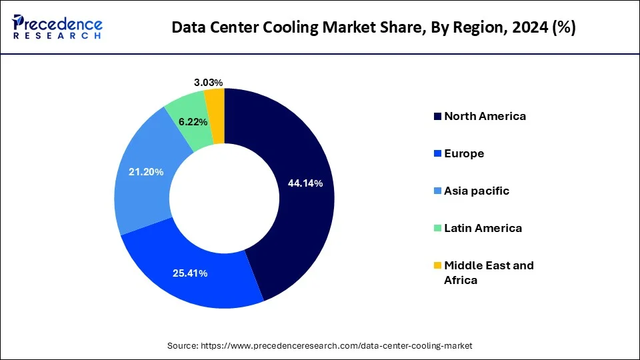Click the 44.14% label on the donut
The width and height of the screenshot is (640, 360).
tap(305, 183)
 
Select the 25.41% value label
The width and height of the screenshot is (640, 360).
tap(190, 273)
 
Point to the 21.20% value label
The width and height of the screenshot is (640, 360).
tap(146, 172)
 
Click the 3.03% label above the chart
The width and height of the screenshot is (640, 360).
tap(208, 83)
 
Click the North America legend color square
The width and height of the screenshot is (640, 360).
tap(437, 117)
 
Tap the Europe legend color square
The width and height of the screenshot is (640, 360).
tap(437, 154)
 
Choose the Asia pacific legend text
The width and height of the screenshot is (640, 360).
tap(477, 191)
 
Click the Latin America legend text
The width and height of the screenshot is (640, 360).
tap(483, 228)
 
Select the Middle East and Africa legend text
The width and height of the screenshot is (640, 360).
tap(488, 272)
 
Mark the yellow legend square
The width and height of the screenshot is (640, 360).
tap(437, 265)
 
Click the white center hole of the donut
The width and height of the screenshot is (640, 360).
tap(224, 199)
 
